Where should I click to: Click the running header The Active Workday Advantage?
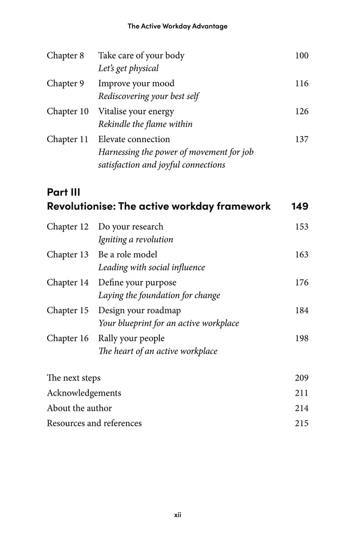[177, 26]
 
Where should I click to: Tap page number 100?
[301, 55]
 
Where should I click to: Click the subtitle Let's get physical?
[128, 68]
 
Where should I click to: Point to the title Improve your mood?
[136, 83]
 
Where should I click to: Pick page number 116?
[301, 83]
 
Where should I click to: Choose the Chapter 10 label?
[67, 111]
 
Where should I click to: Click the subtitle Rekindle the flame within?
[145, 124]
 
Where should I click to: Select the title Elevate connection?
[134, 139]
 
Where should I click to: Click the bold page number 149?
[300, 207]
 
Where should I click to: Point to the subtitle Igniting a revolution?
[136, 240]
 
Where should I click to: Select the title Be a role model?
[127, 255]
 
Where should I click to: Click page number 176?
[301, 282]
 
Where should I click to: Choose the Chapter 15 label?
[67, 311]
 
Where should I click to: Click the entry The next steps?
[74, 378]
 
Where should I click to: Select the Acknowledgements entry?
[84, 393]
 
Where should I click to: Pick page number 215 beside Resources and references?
[301, 423]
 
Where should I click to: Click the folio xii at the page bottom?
[177, 514]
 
